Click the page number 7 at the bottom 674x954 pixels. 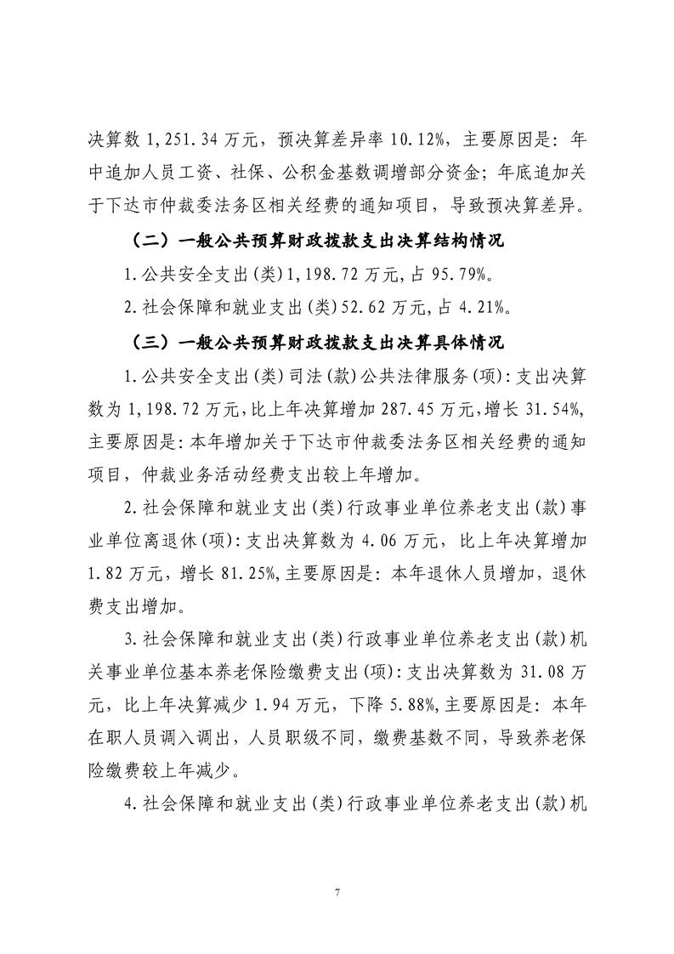pos(337,892)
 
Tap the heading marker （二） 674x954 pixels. pos(149,242)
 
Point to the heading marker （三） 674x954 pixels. pos(149,344)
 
